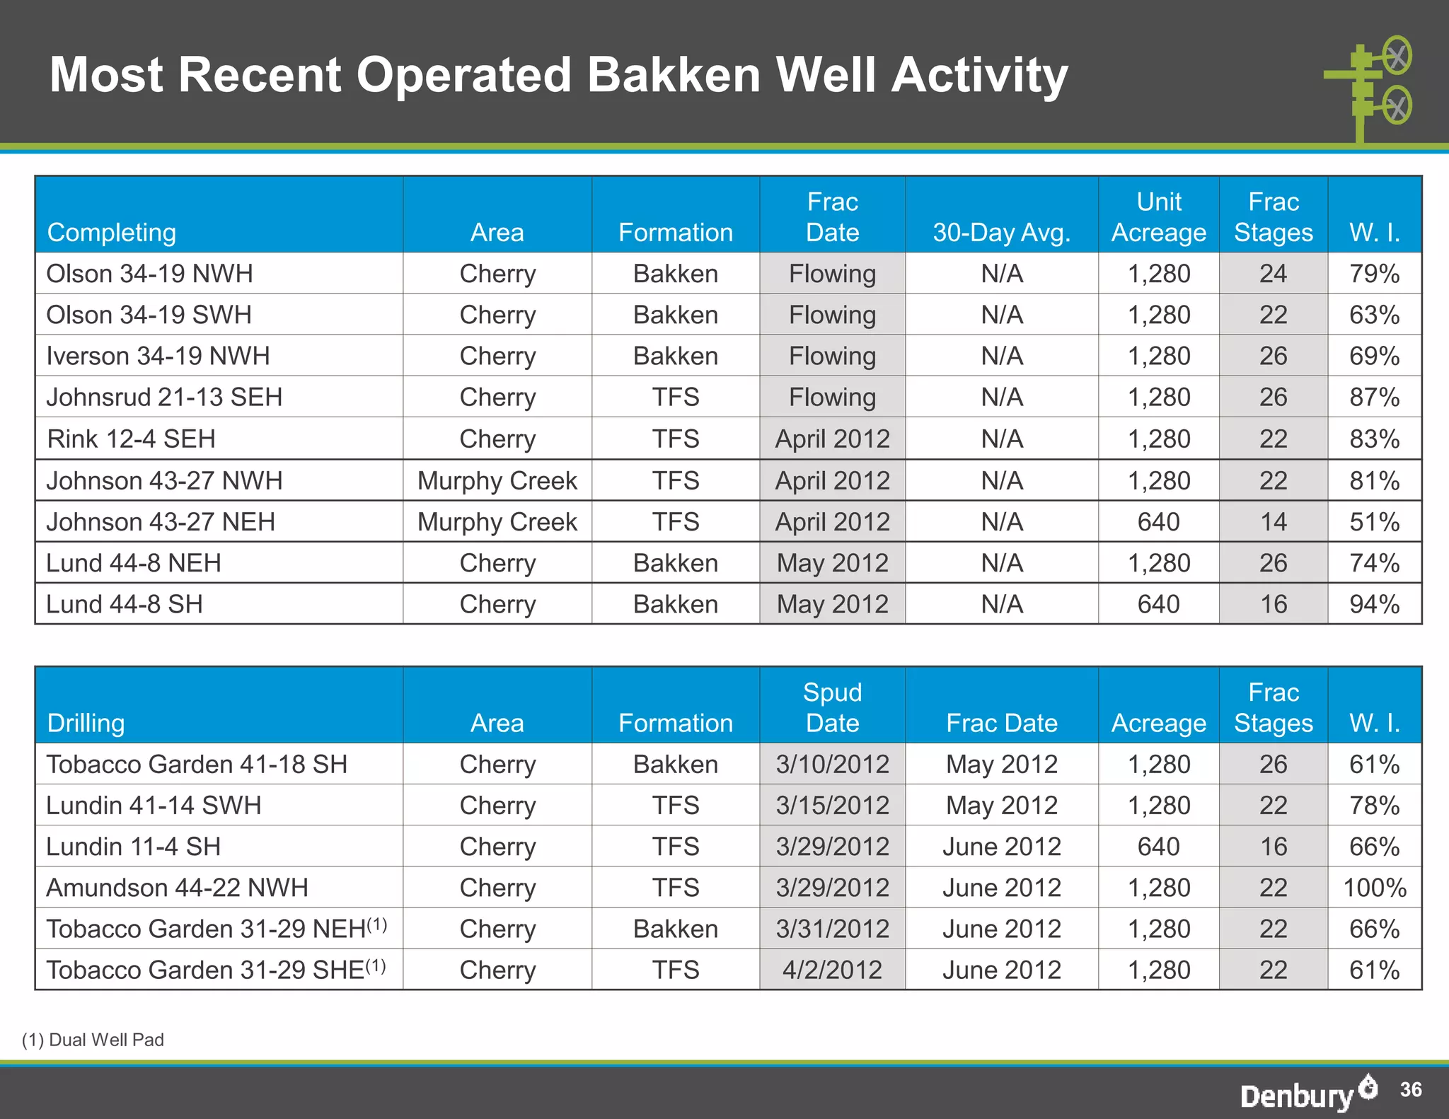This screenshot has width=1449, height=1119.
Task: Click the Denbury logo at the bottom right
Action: tap(1307, 1093)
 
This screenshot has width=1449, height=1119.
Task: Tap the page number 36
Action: tap(1410, 1089)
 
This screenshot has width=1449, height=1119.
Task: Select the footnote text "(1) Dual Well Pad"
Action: tap(93, 1040)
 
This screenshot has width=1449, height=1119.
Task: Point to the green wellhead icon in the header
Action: tap(1369, 88)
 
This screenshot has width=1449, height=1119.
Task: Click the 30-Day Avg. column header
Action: tap(1001, 233)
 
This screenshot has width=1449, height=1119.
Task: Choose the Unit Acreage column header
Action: tap(1158, 217)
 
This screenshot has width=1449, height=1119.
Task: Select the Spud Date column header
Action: tap(832, 707)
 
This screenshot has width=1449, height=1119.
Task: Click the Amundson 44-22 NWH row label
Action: tap(177, 888)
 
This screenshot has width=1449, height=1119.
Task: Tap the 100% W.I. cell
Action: tap(1374, 888)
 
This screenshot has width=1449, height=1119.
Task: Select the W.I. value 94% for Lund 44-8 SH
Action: tap(1374, 604)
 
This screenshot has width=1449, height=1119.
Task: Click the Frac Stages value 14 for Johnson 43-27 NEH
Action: tap(1273, 522)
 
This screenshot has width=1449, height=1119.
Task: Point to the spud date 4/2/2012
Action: tap(832, 970)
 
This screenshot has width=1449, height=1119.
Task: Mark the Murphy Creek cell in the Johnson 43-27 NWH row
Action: tap(497, 481)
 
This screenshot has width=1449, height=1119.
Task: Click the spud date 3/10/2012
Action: tap(832, 765)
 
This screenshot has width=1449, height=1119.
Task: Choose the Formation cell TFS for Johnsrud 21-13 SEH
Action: tap(675, 398)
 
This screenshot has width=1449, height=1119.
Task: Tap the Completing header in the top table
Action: tap(111, 233)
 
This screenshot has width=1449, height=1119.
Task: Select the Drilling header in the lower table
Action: tap(86, 724)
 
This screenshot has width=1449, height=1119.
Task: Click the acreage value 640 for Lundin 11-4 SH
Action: tap(1158, 847)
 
